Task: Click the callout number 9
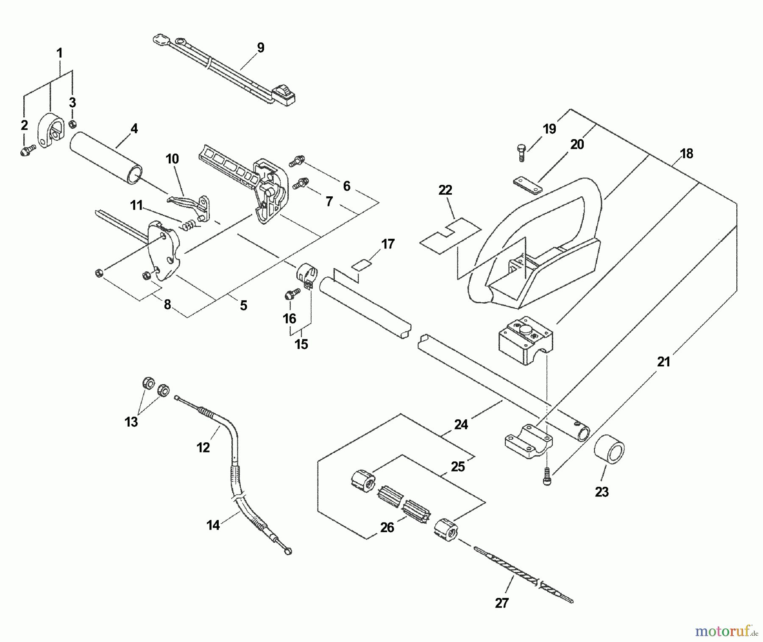[x=261, y=48]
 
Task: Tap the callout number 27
[x=501, y=603]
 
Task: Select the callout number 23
[x=601, y=492]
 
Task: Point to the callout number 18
[x=686, y=154]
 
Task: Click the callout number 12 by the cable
[x=203, y=447]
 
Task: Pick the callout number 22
[x=445, y=190]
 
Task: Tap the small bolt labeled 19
[x=521, y=153]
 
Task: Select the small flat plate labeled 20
[x=527, y=185]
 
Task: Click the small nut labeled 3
[x=72, y=123]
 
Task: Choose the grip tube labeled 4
[x=106, y=159]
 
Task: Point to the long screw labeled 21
[x=547, y=477]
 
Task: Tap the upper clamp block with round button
[x=526, y=340]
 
